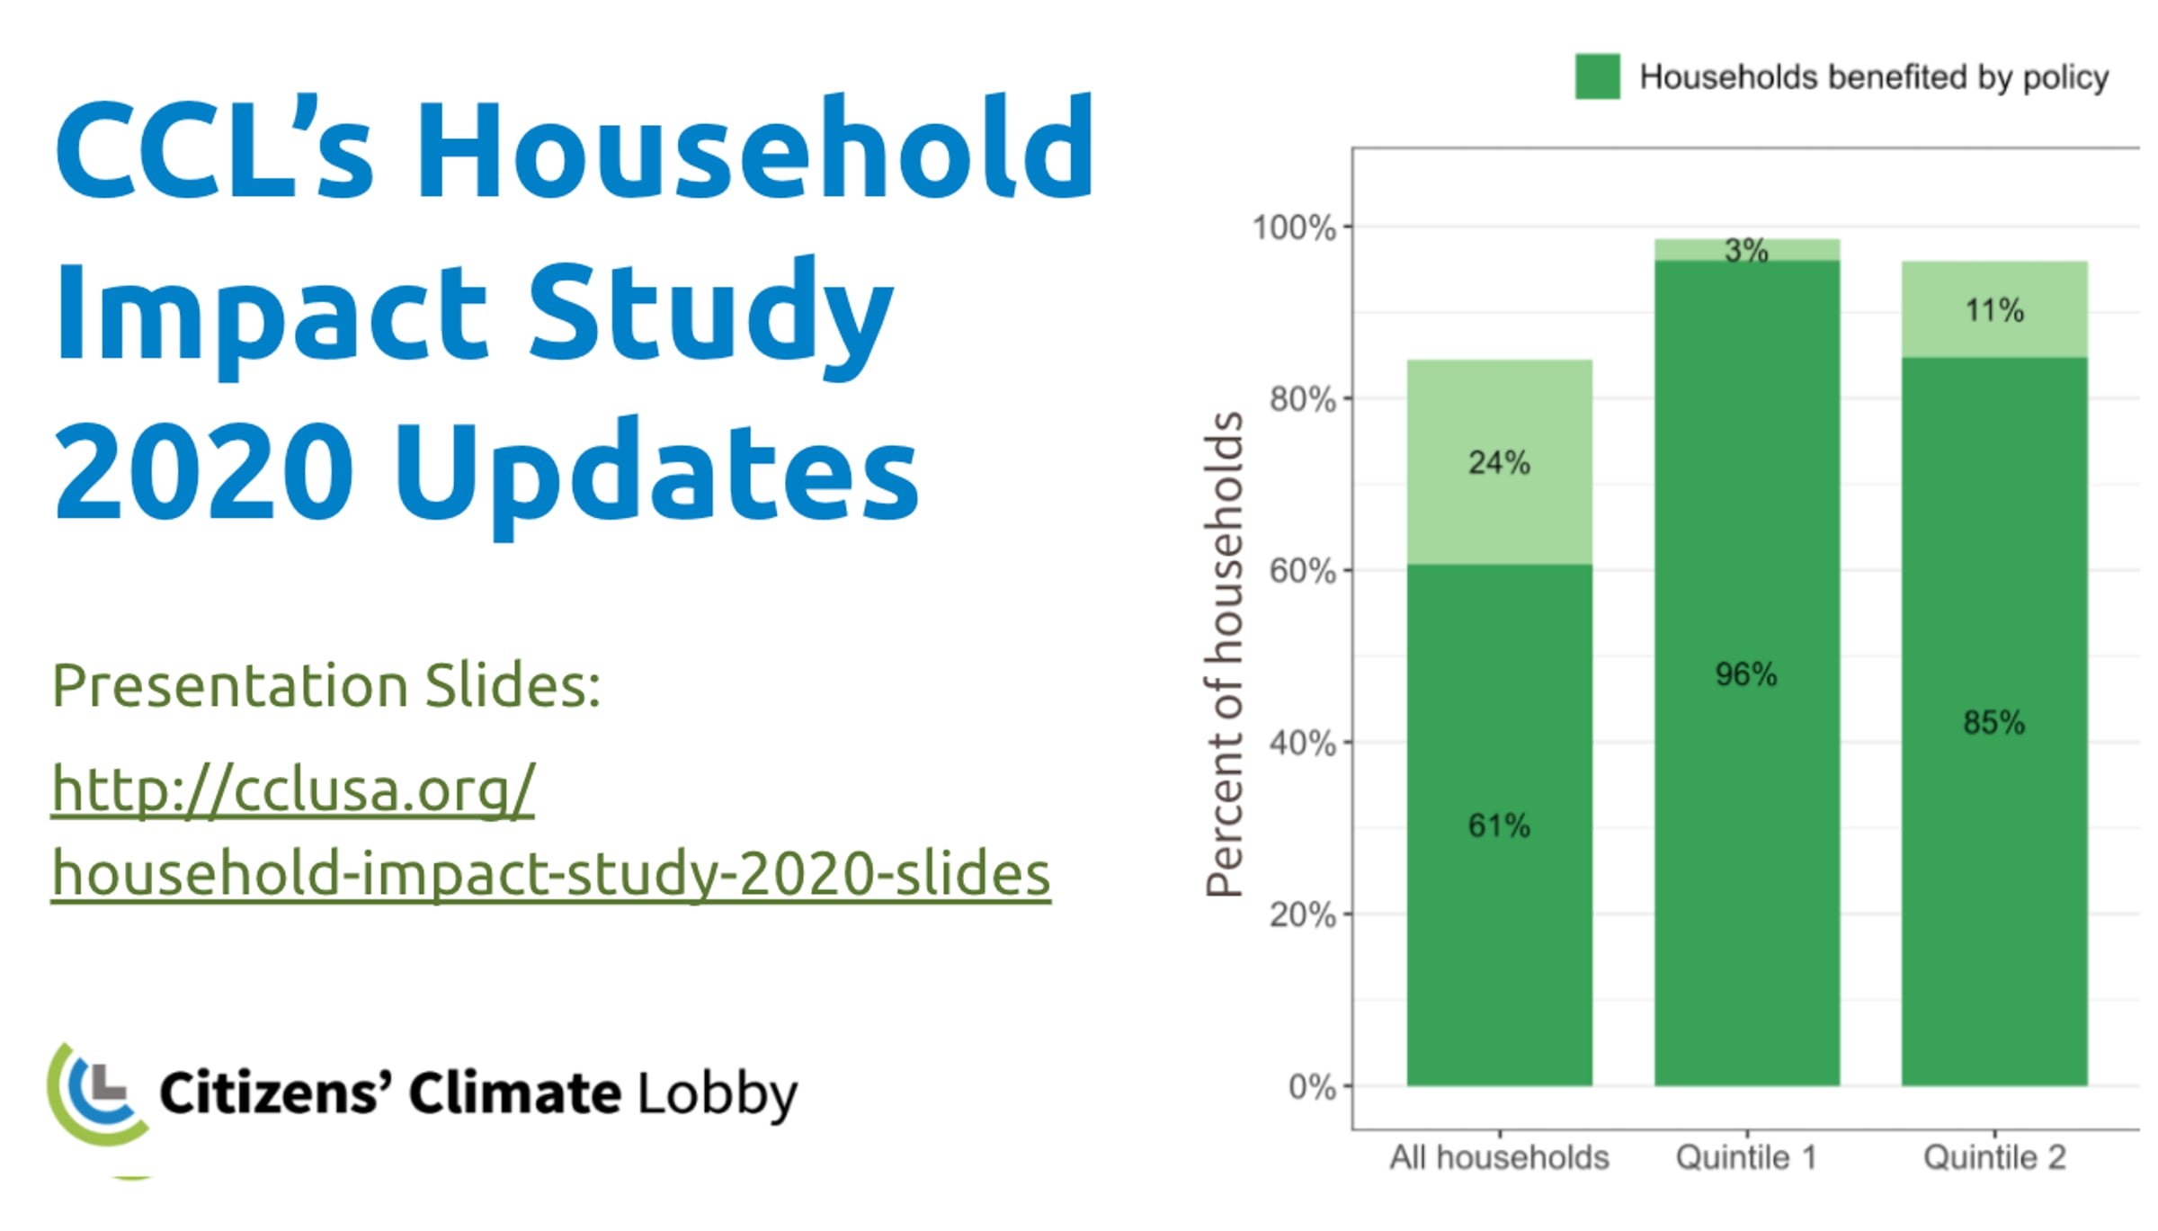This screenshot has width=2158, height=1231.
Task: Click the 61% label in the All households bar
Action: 1499,825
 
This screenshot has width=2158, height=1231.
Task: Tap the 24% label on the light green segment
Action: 1499,463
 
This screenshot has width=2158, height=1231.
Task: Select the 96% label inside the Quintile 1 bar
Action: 1746,674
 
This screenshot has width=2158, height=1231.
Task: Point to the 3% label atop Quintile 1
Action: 1746,251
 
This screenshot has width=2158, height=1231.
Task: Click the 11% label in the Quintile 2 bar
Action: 1994,310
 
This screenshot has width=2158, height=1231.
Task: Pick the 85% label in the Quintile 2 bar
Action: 1994,722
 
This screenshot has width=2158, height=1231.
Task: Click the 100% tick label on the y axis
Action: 1294,227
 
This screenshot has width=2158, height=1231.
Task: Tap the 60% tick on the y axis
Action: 1302,571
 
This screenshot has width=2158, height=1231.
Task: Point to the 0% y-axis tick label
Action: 1312,1087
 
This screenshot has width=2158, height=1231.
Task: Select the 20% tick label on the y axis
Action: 1302,915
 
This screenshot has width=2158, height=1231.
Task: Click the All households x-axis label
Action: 1499,1157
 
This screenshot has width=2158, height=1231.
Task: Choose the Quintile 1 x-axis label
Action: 1746,1157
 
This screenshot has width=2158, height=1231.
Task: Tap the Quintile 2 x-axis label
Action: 1994,1157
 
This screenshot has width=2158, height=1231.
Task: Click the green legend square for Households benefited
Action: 1598,76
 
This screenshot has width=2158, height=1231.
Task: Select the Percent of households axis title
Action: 1225,654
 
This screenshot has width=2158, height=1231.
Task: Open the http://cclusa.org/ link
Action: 293,789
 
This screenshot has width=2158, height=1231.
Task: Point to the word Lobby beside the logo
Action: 718,1094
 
